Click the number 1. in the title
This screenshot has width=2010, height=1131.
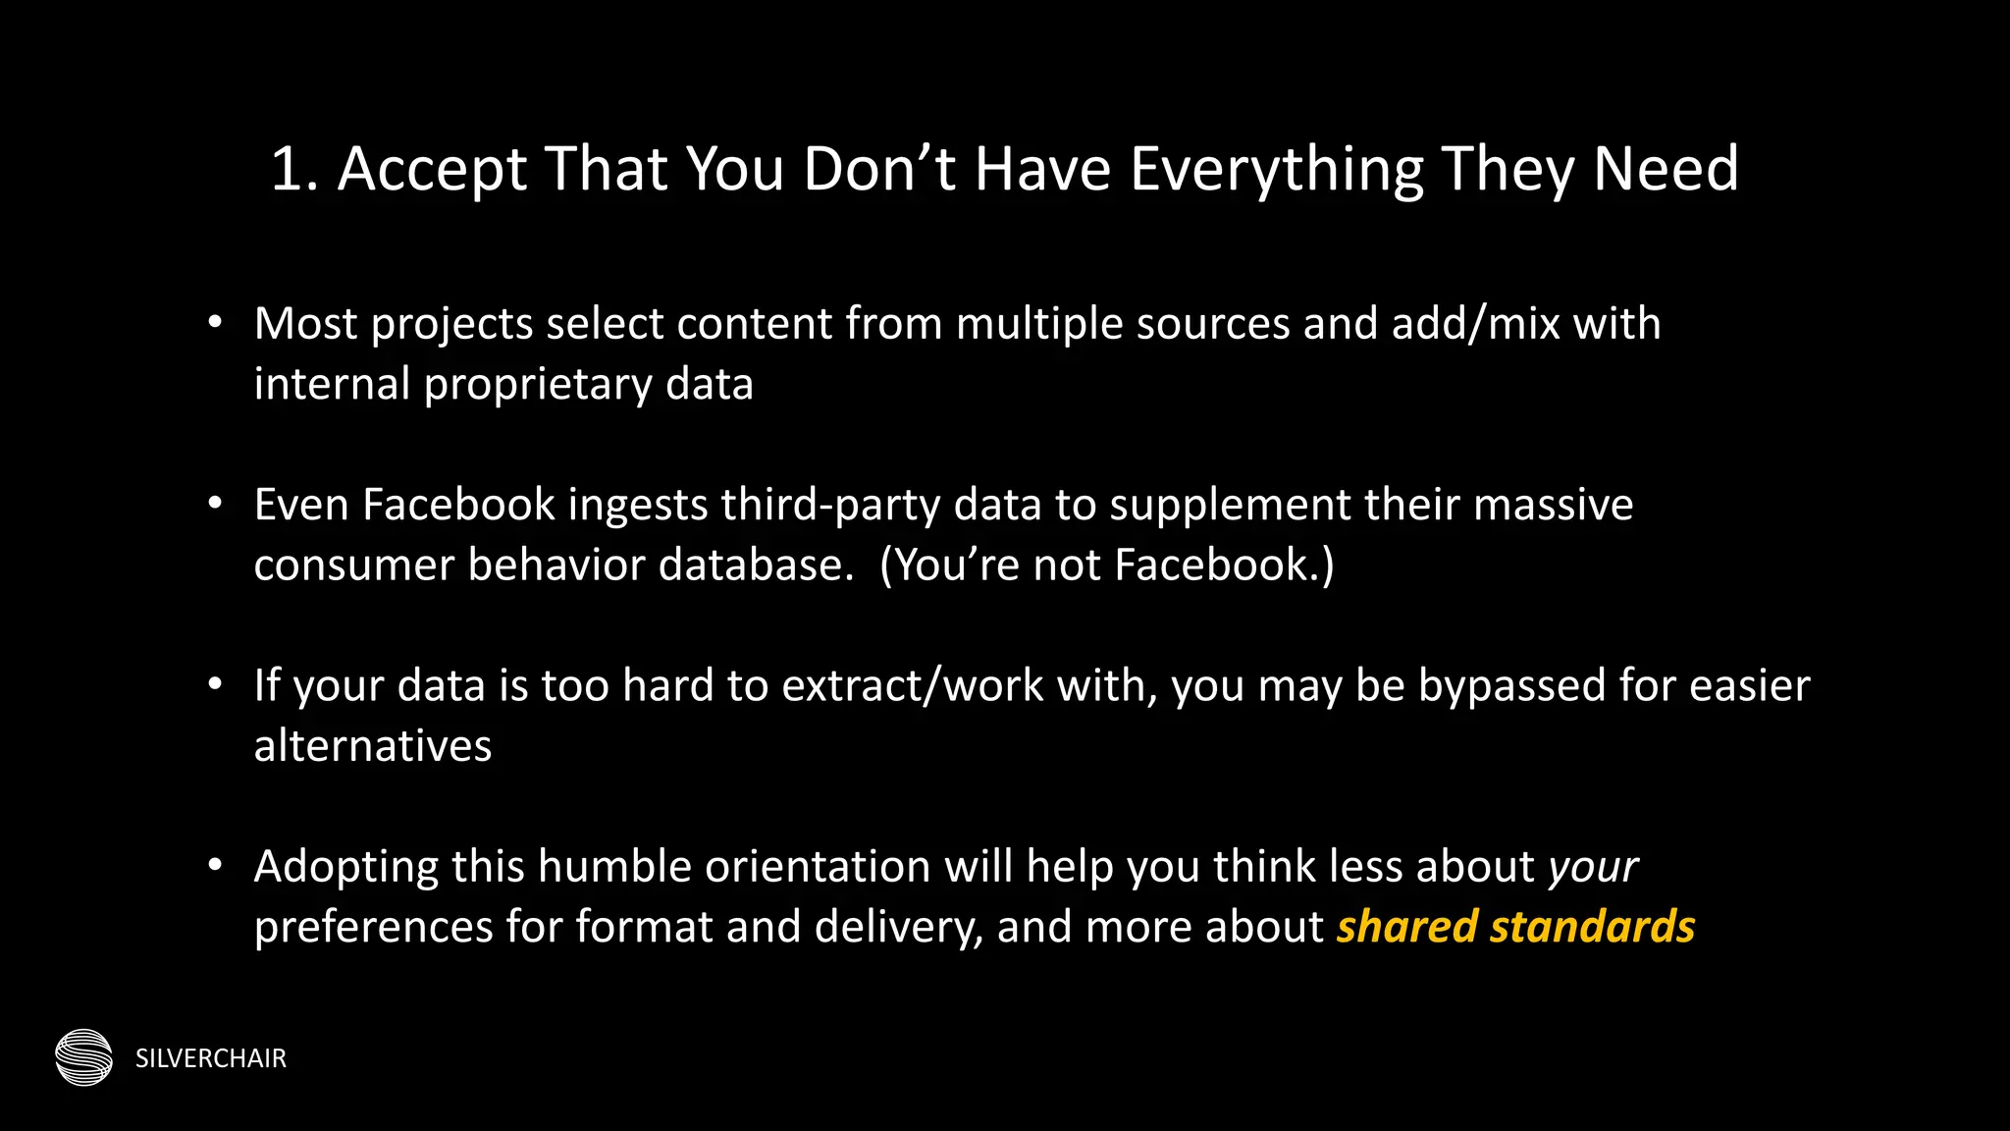(x=294, y=169)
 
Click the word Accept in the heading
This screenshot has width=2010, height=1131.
(x=433, y=169)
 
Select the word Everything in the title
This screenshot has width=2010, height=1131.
(x=1276, y=169)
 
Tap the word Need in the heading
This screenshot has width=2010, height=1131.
(x=1666, y=169)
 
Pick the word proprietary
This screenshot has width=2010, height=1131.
(x=538, y=384)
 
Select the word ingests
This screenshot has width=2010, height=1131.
(x=638, y=505)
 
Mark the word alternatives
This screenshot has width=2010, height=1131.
(x=373, y=746)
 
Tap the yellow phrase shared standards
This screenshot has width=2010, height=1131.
(x=1515, y=927)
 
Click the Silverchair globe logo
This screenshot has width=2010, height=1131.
(x=84, y=1057)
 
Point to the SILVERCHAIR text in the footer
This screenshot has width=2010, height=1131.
(x=211, y=1058)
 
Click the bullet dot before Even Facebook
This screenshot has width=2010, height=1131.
(x=216, y=504)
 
